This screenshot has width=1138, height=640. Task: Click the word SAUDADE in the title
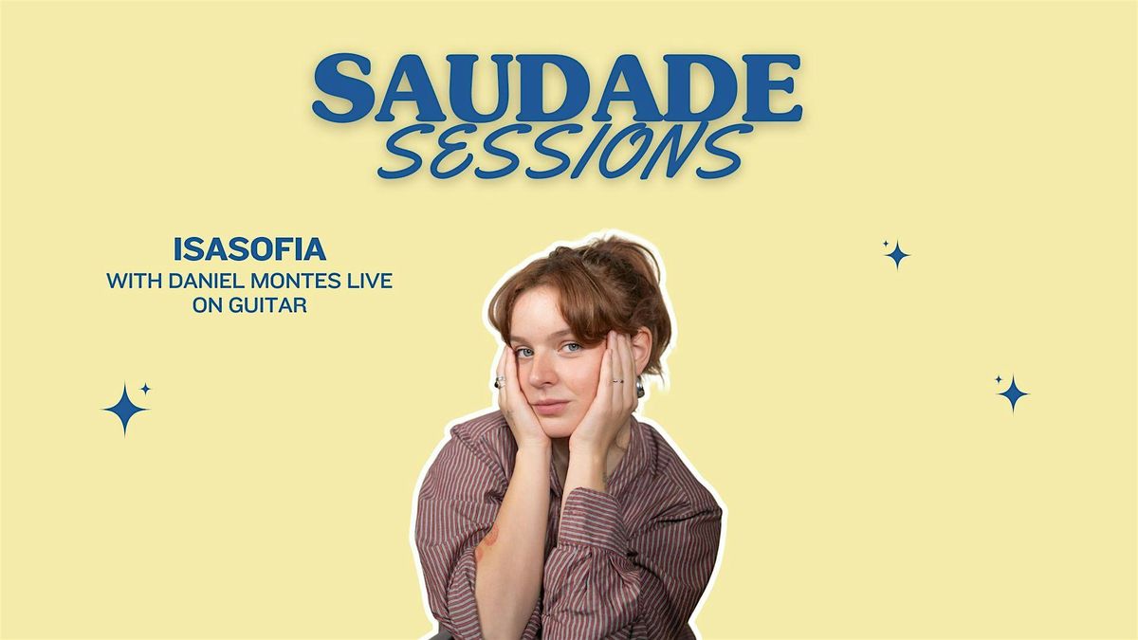[x=557, y=88]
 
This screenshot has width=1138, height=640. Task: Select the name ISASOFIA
[x=250, y=249]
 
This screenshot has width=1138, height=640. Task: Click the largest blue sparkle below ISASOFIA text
[x=124, y=409]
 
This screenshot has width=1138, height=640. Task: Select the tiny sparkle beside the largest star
[x=145, y=388]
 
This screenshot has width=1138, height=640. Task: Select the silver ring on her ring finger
[x=616, y=381]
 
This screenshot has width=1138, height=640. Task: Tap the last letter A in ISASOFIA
[x=317, y=249]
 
